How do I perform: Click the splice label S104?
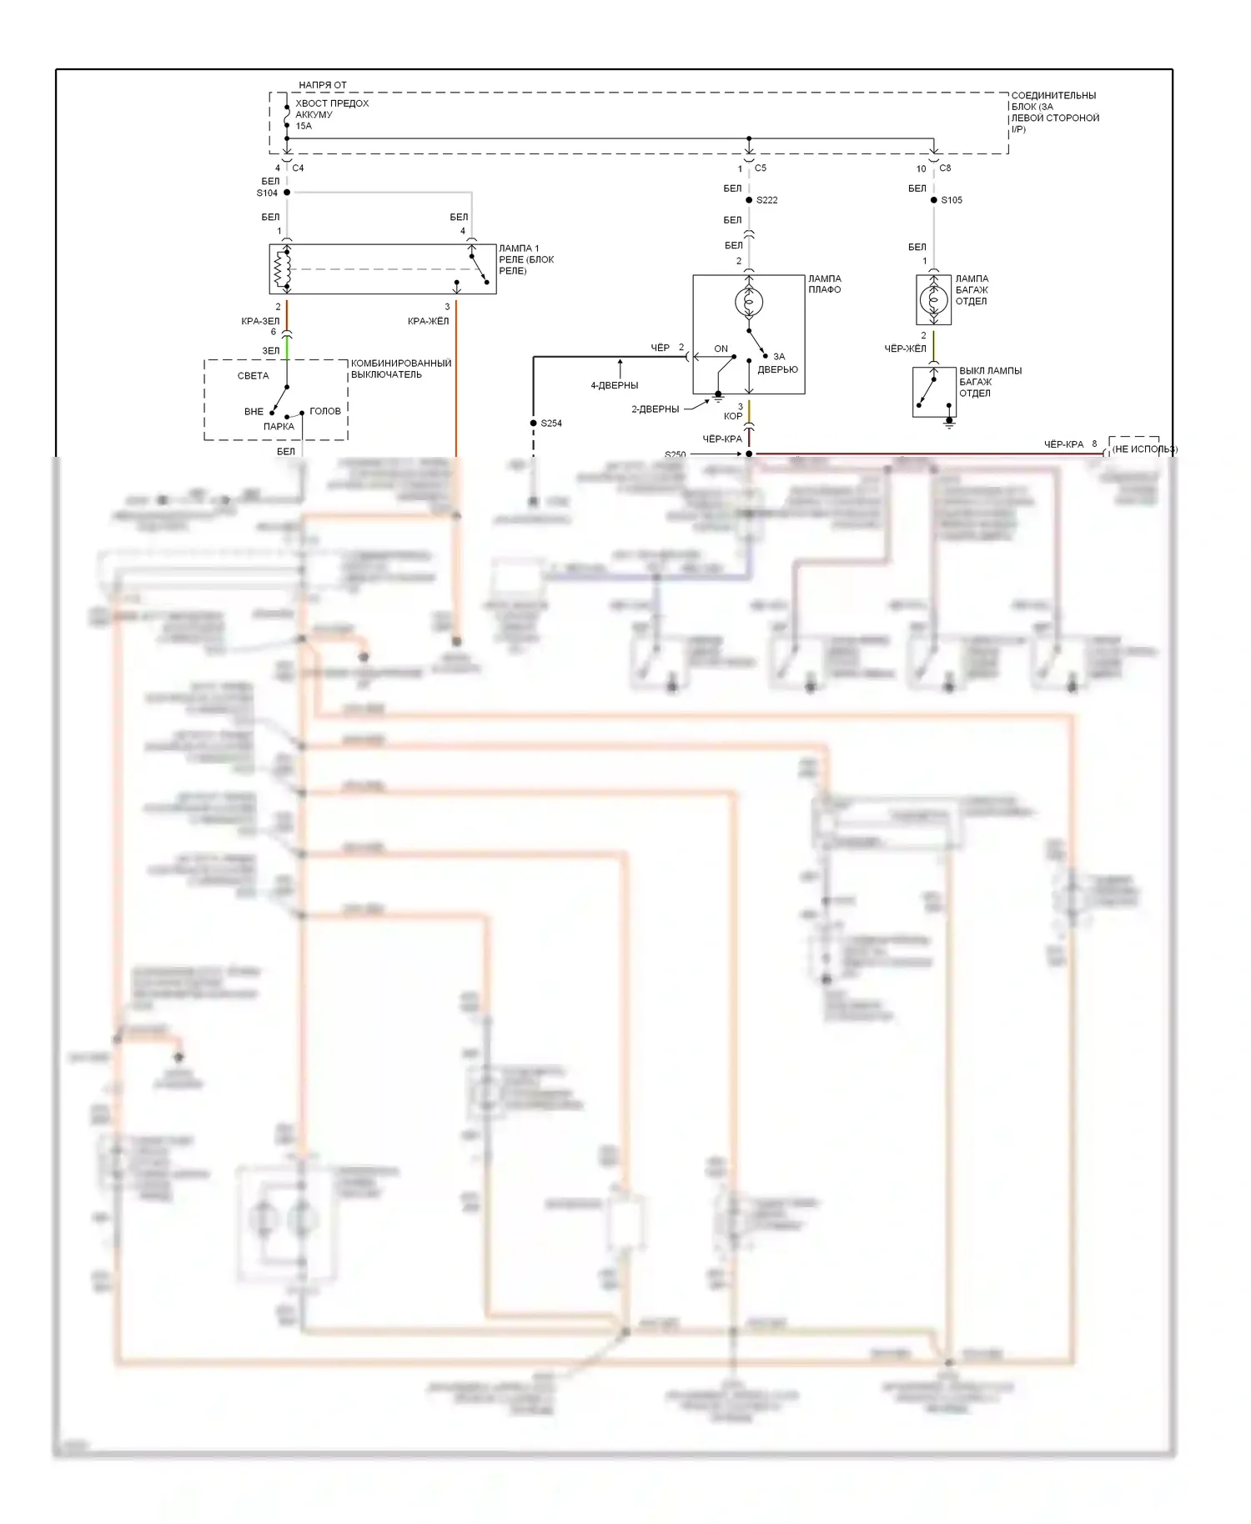pos(267,193)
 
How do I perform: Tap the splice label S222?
pos(766,200)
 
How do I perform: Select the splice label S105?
pos(952,200)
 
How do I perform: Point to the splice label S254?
pos(551,424)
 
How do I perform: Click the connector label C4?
pos(298,168)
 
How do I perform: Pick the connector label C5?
pos(760,168)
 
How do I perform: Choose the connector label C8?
pos(945,168)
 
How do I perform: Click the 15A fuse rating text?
pos(304,127)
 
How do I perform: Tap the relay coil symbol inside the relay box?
pos(281,269)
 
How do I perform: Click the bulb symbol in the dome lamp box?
pos(749,302)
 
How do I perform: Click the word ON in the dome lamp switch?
pos(721,349)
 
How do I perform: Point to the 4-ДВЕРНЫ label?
pos(614,386)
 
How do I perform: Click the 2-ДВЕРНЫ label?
pos(655,409)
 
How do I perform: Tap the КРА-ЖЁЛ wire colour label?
pos(428,321)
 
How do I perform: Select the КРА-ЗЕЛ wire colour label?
pos(260,321)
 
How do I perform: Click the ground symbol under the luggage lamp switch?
pos(948,424)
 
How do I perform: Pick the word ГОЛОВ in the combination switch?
pos(324,411)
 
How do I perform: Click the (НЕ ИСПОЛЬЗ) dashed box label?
pos(1144,449)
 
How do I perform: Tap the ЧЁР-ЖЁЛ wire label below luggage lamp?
pos(905,348)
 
